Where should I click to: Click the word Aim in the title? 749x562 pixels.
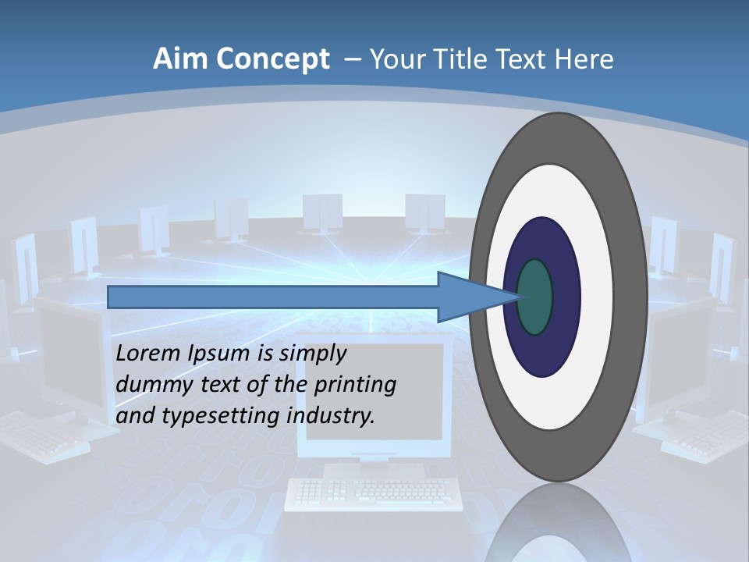tap(182, 59)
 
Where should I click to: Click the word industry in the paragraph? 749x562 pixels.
tap(331, 416)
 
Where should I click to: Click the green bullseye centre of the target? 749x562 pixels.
tap(535, 297)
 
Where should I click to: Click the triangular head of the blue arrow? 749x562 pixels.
tap(468, 297)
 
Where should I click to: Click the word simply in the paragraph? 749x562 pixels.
tap(314, 354)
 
